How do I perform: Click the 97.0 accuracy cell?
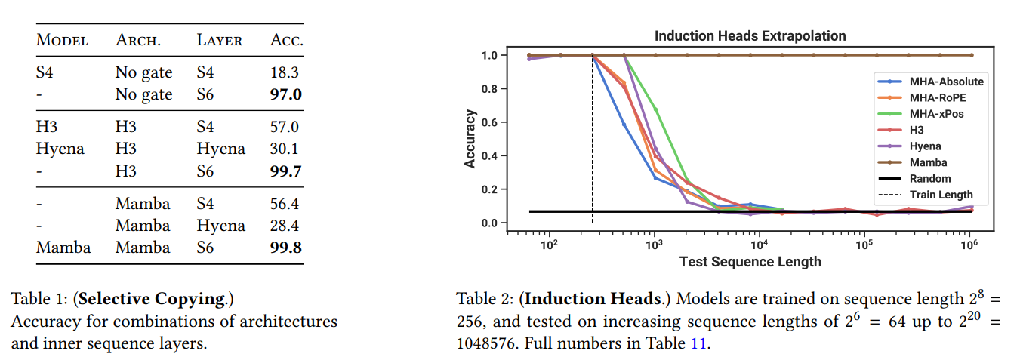pyautogui.click(x=286, y=94)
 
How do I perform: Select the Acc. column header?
pyautogui.click(x=286, y=41)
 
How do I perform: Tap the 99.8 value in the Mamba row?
pyautogui.click(x=286, y=248)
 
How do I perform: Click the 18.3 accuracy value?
pyautogui.click(x=286, y=73)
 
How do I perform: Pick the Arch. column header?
pyautogui.click(x=137, y=41)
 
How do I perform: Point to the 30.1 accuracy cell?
pyautogui.click(x=286, y=149)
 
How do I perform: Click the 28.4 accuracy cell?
pyautogui.click(x=286, y=226)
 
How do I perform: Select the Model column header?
pyautogui.click(x=62, y=41)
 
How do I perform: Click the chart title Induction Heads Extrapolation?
pyautogui.click(x=750, y=36)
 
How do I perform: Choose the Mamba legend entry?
pyautogui.click(x=928, y=162)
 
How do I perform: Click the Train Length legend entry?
pyautogui.click(x=941, y=195)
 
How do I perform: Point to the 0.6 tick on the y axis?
pyautogui.click(x=490, y=122)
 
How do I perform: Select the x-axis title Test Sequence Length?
pyautogui.click(x=750, y=262)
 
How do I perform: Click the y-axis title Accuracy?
pyautogui.click(x=470, y=139)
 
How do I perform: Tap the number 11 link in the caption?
pyautogui.click(x=697, y=343)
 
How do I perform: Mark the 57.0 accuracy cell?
pyautogui.click(x=286, y=128)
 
